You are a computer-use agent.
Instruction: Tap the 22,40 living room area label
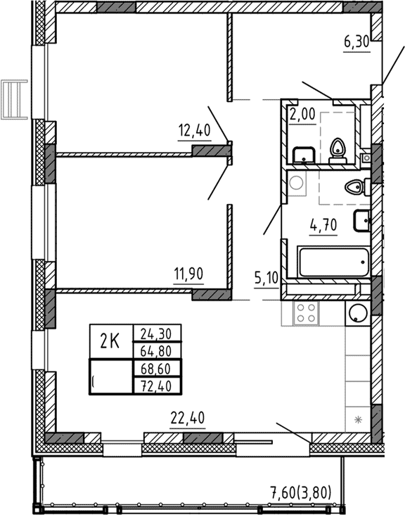[187, 419]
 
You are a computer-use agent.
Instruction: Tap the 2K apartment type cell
[110, 342]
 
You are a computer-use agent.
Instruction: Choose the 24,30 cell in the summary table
[156, 333]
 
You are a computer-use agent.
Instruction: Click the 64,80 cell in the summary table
[156, 350]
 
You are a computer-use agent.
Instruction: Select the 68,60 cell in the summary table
[156, 368]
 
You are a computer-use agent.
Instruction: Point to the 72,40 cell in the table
[156, 385]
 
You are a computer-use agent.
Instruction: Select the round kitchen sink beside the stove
[357, 313]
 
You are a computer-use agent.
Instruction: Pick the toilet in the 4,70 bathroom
[358, 188]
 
